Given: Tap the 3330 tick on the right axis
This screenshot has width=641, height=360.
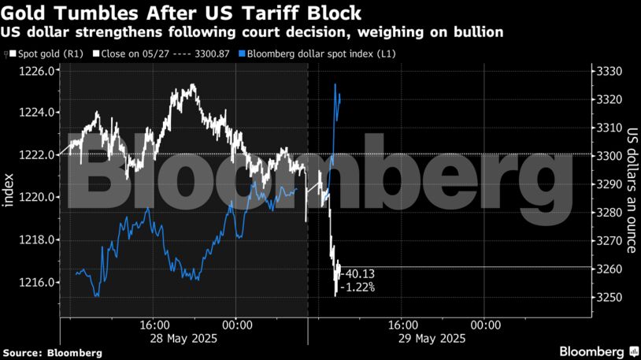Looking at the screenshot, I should (x=610, y=71).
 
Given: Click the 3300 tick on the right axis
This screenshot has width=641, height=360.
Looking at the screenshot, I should (x=610, y=156).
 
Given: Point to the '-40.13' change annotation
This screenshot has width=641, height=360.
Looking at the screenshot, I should (x=358, y=273).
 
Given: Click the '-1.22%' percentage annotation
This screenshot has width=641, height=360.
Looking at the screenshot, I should (x=358, y=288).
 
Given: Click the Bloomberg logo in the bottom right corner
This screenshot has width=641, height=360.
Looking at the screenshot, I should (x=598, y=351).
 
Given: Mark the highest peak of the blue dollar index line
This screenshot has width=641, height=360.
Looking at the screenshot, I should (x=335, y=84).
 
